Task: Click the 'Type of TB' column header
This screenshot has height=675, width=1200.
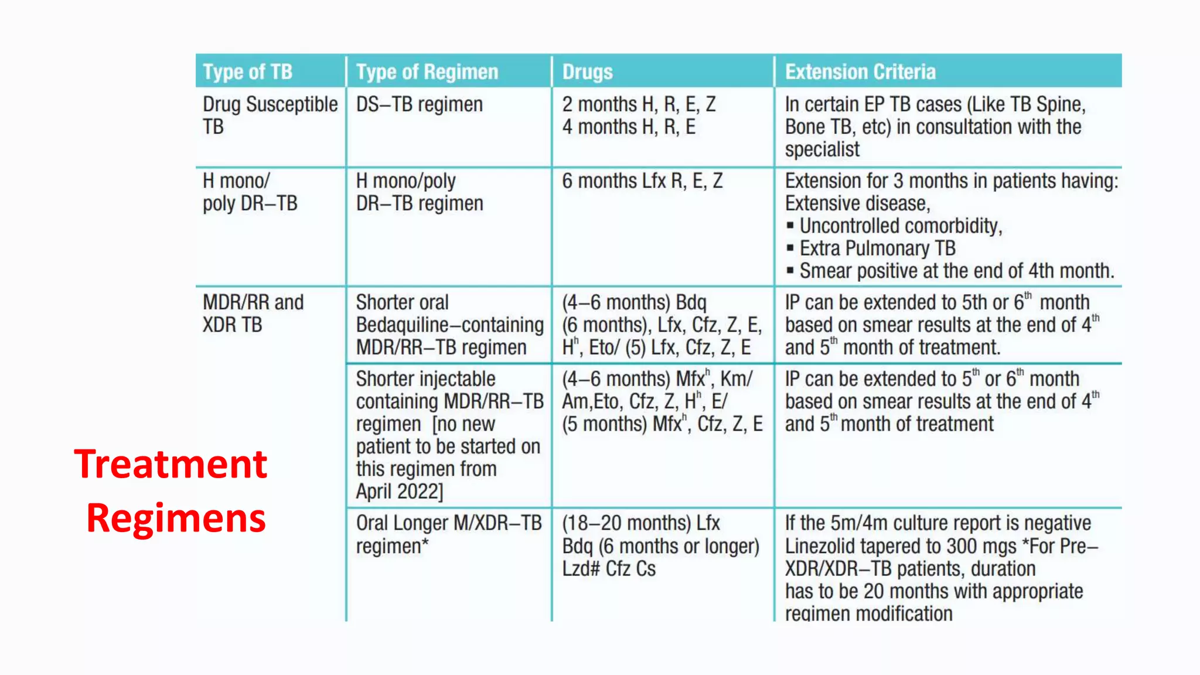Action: pyautogui.click(x=247, y=71)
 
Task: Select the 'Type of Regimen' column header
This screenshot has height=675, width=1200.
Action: pyautogui.click(x=427, y=71)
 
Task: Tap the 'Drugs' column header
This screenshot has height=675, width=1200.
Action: pyautogui.click(x=587, y=71)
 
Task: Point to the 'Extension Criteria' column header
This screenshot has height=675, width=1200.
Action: pyautogui.click(x=860, y=71)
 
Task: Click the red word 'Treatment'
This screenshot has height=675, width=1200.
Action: pyautogui.click(x=171, y=464)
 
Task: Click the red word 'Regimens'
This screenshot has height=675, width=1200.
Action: pyautogui.click(x=176, y=519)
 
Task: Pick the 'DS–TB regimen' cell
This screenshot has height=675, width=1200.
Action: pyautogui.click(x=420, y=104)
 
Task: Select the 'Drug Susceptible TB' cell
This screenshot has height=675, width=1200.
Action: pyautogui.click(x=270, y=115)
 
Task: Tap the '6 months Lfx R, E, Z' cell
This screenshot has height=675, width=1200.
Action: pyautogui.click(x=642, y=181)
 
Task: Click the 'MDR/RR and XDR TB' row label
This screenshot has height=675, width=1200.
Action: pyautogui.click(x=253, y=313)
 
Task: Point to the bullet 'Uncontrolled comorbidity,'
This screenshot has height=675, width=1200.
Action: pyautogui.click(x=901, y=226)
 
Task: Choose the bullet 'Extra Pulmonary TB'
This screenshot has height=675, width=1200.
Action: pyautogui.click(x=877, y=248)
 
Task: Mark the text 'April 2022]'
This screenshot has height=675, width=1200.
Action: pyautogui.click(x=400, y=492)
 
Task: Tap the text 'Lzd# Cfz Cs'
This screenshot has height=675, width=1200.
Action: pyautogui.click(x=609, y=569)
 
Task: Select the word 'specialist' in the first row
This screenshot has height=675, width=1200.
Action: pyautogui.click(x=822, y=149)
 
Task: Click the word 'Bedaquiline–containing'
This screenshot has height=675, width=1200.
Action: pyautogui.click(x=449, y=325)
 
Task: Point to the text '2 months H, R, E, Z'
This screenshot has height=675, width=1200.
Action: pyautogui.click(x=639, y=104)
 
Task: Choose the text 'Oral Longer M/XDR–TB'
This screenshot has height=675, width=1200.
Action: pyautogui.click(x=449, y=523)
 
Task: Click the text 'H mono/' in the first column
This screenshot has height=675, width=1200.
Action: pyautogui.click(x=236, y=181)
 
